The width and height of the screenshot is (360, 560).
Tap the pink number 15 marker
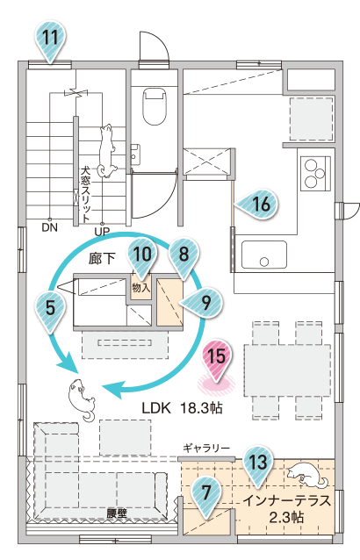[x=217, y=360]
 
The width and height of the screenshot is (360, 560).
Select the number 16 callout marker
[x=257, y=205]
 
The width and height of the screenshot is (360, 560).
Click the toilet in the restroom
[x=155, y=107]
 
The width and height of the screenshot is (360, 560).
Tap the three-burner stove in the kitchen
[x=315, y=173]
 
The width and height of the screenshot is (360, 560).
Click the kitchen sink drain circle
[x=264, y=262]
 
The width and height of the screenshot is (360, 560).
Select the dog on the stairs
[x=107, y=151]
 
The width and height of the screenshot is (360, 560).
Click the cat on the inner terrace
[x=306, y=474]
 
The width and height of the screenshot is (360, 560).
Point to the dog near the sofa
[x=82, y=399]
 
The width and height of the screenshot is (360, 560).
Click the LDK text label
[x=156, y=407]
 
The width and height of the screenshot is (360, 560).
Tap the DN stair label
[x=50, y=227]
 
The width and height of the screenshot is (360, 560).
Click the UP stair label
[x=102, y=232]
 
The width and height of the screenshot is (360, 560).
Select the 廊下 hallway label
[x=102, y=259]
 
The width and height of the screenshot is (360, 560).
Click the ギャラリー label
[x=206, y=448]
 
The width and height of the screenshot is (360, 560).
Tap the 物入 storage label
[x=141, y=288]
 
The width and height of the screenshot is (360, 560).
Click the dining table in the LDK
[x=287, y=370]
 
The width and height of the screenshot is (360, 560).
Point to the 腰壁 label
[x=117, y=514]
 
